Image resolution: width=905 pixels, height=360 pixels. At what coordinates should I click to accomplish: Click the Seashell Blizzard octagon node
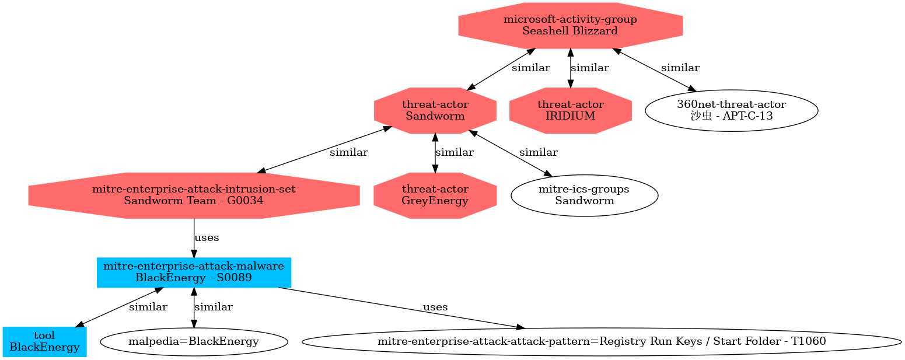(570, 26)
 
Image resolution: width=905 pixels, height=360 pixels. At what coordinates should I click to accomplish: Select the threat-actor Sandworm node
(435, 110)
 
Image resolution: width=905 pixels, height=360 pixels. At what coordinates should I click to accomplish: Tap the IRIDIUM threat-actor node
(570, 110)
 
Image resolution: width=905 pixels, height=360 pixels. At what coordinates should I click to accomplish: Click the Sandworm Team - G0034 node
(194, 195)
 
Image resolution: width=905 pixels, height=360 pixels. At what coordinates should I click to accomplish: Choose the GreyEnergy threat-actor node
(435, 195)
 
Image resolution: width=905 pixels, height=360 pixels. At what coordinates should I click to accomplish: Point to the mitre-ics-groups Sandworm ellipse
(584, 195)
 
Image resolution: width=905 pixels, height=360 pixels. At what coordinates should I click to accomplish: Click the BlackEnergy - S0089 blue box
(194, 272)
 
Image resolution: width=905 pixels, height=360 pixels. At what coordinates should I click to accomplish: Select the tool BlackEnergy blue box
(44, 342)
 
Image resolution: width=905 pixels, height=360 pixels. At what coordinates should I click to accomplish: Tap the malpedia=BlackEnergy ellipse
(194, 342)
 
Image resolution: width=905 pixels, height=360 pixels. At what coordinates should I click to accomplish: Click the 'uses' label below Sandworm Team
(207, 237)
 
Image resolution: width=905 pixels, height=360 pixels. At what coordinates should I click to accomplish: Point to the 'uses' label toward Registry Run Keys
(435, 307)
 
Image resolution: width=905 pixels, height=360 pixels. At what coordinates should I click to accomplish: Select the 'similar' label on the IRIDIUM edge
(590, 68)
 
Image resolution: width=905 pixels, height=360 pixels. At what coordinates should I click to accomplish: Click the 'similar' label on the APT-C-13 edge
(680, 68)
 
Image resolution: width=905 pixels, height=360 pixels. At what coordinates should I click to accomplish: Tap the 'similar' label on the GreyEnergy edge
(455, 152)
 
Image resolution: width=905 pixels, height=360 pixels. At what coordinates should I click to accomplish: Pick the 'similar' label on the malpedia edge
(214, 307)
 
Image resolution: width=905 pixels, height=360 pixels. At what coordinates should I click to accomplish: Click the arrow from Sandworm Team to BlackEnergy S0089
(194, 238)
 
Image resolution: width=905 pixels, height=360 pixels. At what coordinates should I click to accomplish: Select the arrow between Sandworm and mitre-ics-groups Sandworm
(510, 153)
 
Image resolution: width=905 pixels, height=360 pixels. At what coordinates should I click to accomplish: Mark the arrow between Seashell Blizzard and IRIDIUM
(571, 68)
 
